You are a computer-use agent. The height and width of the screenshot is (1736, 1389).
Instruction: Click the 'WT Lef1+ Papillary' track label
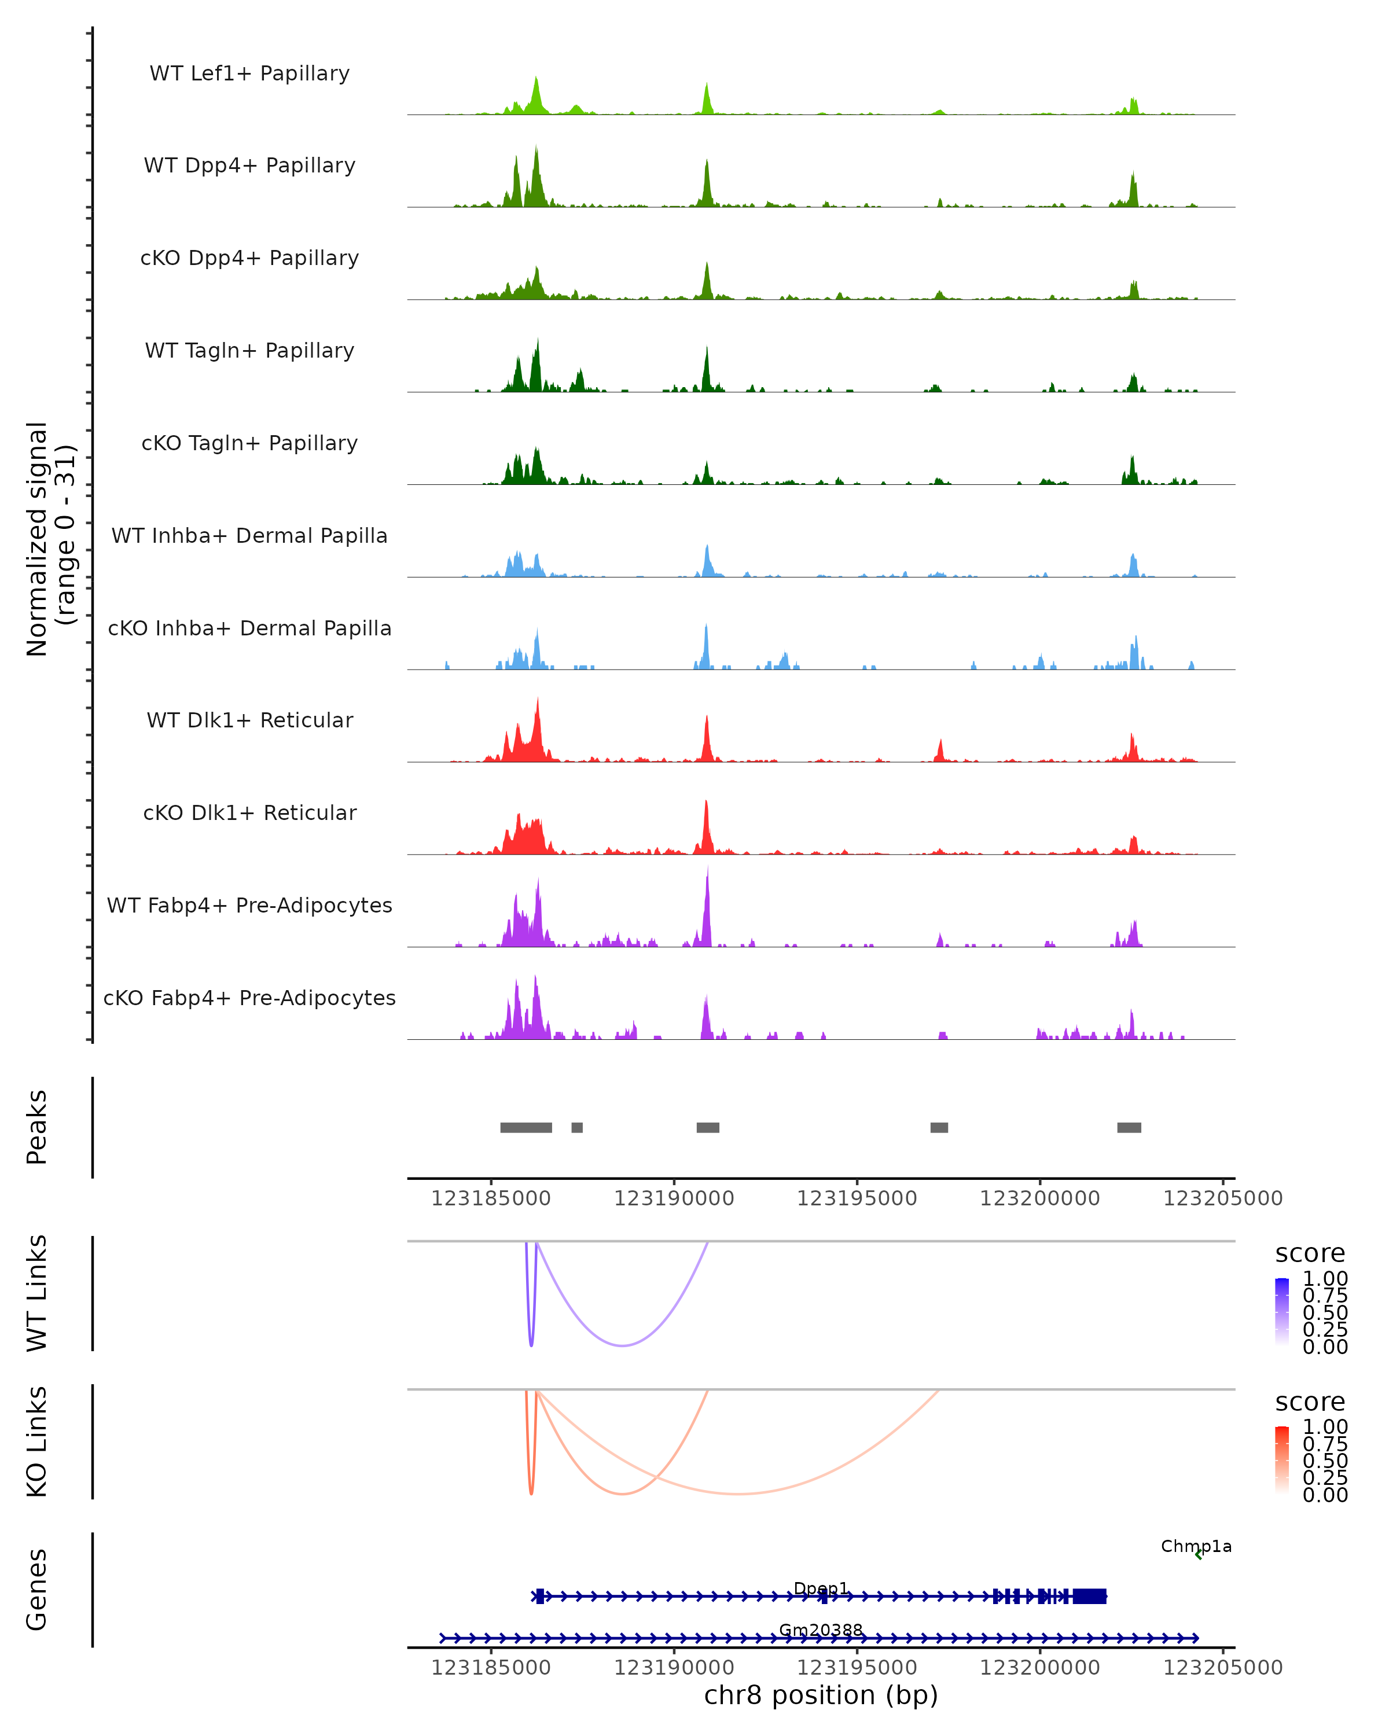249,73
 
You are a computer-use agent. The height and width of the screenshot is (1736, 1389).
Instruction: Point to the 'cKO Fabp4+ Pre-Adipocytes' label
249,998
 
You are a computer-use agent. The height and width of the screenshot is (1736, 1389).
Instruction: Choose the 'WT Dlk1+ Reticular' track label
249,720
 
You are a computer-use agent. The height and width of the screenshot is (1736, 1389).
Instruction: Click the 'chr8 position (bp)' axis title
821,1695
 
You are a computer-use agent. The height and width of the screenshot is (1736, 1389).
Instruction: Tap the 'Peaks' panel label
37,1127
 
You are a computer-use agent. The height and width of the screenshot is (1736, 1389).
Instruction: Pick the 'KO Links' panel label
37,1441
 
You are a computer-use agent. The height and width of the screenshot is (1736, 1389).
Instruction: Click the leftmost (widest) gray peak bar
526,1127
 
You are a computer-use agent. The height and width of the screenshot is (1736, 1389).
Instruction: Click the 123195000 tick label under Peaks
857,1198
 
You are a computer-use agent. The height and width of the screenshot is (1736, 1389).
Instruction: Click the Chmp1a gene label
1196,1546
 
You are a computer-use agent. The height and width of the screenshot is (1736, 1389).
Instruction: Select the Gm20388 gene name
821,1630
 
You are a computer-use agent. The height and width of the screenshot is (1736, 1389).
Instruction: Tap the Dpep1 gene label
821,1588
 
